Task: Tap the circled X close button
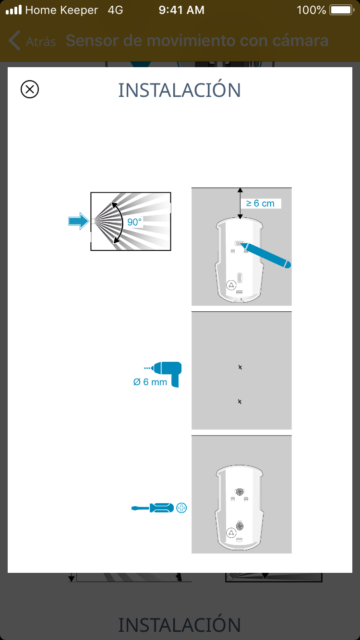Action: click(30, 89)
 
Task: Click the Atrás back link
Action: click(32, 41)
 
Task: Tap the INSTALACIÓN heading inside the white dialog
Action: click(180, 90)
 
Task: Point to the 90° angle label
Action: click(134, 222)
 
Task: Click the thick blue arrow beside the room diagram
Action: click(78, 221)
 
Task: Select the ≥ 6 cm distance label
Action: click(260, 203)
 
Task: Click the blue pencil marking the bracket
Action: click(266, 255)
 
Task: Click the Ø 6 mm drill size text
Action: click(150, 382)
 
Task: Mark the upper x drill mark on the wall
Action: click(240, 367)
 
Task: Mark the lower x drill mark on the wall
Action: click(240, 402)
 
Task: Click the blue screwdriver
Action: click(153, 508)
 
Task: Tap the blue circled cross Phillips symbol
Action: click(181, 508)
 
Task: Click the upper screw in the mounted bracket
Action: click(240, 492)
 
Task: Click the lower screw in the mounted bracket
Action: click(240, 526)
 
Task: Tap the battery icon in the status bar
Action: click(342, 10)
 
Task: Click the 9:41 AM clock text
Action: click(181, 10)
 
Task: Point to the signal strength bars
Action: click(14, 10)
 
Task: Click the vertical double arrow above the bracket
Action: click(240, 203)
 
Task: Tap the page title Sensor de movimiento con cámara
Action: click(197, 41)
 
